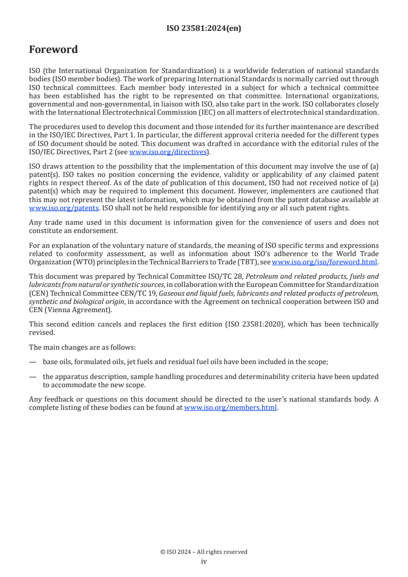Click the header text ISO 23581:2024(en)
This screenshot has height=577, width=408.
pos(204,29)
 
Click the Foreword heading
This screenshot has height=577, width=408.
pos(54,50)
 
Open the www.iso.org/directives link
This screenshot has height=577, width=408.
pos(168,152)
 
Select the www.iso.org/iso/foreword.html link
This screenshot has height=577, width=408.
pos(324,262)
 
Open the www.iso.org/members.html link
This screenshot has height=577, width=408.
pos(230,408)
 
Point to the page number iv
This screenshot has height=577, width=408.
pos(204,562)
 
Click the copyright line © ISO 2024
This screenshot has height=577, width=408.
pos(204,552)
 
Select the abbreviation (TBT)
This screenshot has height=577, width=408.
pos(246,262)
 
